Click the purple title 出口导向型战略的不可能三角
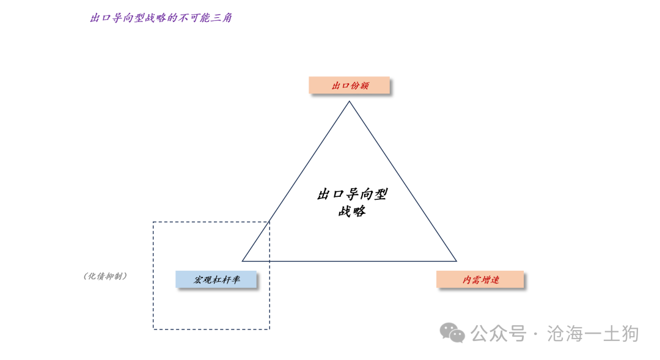161,18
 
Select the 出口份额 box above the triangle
349,85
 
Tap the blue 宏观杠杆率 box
216,279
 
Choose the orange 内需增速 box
480,279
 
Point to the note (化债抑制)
105,276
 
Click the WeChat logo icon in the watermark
452,333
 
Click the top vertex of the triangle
349,101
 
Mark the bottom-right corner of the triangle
457,261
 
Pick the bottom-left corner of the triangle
243,261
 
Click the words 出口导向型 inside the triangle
353,194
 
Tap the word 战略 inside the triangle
353,210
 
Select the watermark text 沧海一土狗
593,334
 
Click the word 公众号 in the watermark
499,334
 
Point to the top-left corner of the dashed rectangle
153,222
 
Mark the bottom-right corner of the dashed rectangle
269,329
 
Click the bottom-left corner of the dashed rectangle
153,329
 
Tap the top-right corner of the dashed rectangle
269,222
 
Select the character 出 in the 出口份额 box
336,86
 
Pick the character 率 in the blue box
235,279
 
